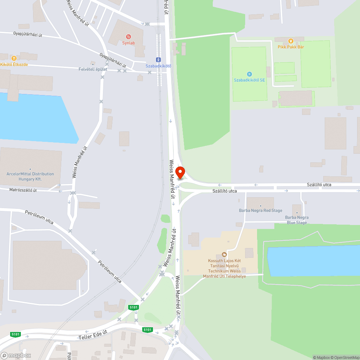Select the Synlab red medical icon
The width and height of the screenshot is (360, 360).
coord(128,36)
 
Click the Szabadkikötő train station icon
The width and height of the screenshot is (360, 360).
coord(158,59)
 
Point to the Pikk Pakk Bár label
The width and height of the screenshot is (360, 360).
coord(291,47)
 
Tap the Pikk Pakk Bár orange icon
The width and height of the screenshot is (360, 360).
coord(291,40)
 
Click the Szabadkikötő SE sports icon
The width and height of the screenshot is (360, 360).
coord(249,74)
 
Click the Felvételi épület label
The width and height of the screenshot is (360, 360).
coord(93,69)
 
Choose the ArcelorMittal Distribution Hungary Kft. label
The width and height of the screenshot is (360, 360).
coord(30,176)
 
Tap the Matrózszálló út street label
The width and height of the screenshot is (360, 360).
coord(23,190)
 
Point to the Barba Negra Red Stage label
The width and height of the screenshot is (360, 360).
coord(261,211)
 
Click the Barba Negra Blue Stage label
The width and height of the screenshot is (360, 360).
coord(297,220)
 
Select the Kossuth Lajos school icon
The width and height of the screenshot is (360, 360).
coord(224,255)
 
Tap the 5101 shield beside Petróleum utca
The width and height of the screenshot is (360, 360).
coord(133,307)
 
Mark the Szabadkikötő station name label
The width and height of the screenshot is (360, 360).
coord(158,66)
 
